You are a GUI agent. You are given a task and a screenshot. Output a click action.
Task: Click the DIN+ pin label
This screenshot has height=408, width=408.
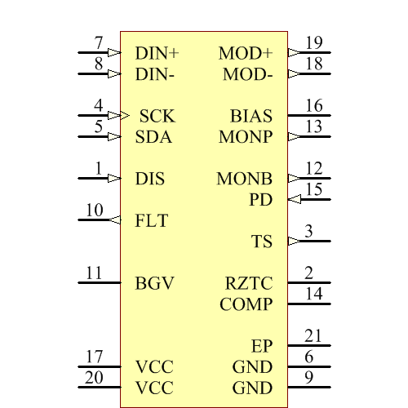pyautogui.click(x=157, y=54)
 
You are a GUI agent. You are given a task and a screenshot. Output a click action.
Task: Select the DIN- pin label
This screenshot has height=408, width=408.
pyautogui.click(x=156, y=75)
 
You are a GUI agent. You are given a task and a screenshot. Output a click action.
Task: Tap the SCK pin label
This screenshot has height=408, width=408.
pyautogui.click(x=157, y=117)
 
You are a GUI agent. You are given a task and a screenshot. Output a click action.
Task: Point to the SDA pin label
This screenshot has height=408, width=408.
pyautogui.click(x=153, y=137)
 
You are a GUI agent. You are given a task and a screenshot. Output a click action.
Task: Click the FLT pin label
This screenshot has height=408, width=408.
pyautogui.click(x=152, y=220)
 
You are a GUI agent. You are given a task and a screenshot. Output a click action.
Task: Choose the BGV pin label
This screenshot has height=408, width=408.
pyautogui.click(x=154, y=283)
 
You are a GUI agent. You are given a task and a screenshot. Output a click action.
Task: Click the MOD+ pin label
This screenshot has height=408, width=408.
pyautogui.click(x=246, y=54)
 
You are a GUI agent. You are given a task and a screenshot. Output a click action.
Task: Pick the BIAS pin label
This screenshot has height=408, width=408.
pyautogui.click(x=251, y=117)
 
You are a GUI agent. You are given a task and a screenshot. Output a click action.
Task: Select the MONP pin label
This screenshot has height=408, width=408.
pyautogui.click(x=246, y=137)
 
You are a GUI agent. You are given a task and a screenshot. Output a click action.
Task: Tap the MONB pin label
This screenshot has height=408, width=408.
pyautogui.click(x=245, y=179)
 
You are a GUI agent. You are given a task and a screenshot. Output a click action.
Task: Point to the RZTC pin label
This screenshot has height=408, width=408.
pyautogui.click(x=249, y=283)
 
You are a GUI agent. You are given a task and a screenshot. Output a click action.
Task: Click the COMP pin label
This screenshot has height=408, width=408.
pyautogui.click(x=246, y=304)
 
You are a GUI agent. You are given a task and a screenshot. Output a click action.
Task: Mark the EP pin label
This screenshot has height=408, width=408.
pyautogui.click(x=261, y=346)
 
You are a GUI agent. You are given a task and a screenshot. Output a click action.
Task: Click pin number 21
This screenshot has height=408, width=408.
pyautogui.click(x=313, y=336)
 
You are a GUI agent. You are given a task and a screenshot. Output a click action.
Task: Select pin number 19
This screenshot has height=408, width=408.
pyautogui.click(x=313, y=44)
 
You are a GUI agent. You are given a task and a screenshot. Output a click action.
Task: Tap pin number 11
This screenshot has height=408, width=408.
pyautogui.click(x=95, y=273)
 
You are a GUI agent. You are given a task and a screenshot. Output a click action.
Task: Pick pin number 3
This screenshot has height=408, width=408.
pyautogui.click(x=308, y=232)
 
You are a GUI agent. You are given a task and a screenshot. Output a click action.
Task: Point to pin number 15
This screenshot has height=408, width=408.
pyautogui.click(x=313, y=190)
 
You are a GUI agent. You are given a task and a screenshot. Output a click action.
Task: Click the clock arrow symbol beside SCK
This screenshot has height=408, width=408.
pyautogui.click(x=125, y=116)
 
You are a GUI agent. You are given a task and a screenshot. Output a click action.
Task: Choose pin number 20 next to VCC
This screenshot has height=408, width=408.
pyautogui.click(x=95, y=378)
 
